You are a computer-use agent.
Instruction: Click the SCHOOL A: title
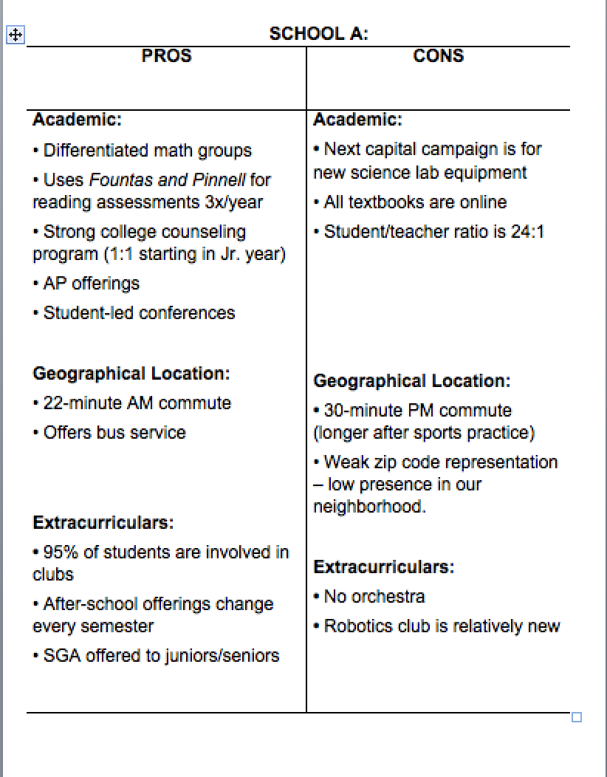pyautogui.click(x=318, y=33)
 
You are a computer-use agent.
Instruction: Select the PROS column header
pyautogui.click(x=166, y=56)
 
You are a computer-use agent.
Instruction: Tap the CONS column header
pyautogui.click(x=439, y=56)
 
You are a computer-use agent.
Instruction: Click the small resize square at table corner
pyautogui.click(x=577, y=716)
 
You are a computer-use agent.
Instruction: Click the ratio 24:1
pyautogui.click(x=527, y=232)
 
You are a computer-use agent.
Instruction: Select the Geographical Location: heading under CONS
pyautogui.click(x=411, y=381)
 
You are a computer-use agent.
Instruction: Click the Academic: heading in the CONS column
pyautogui.click(x=357, y=120)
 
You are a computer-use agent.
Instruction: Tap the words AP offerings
pyautogui.click(x=91, y=284)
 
